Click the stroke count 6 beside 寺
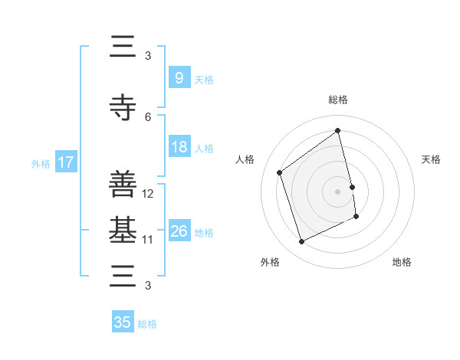(148, 116)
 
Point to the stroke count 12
(148, 194)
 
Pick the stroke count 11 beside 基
(148, 240)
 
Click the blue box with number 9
(179, 77)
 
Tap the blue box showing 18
(179, 147)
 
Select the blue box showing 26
(179, 231)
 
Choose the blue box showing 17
(66, 162)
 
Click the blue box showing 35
(123, 322)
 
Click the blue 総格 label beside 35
(147, 324)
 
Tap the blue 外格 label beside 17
(40, 163)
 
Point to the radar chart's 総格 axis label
(338, 100)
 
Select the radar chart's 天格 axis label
(432, 159)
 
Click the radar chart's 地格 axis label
(402, 262)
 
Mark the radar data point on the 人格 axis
(279, 172)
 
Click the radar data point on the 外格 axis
(301, 242)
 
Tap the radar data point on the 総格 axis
(338, 130)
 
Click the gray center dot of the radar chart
(338, 191)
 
